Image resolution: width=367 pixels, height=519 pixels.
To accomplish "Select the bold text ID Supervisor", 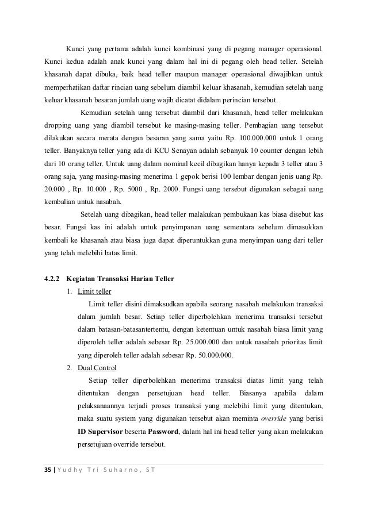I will (100, 430).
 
